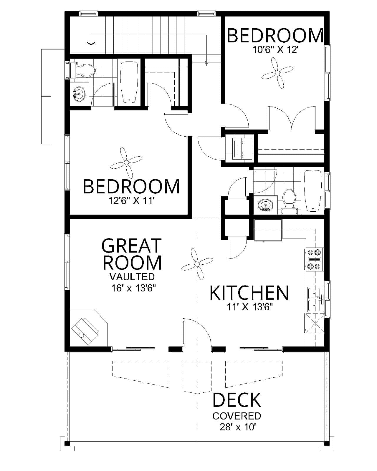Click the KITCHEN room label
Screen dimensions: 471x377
coord(249,293)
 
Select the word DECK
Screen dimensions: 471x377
coord(237,400)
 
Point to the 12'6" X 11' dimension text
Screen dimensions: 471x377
coord(131,201)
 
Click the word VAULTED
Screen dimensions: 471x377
coord(132,277)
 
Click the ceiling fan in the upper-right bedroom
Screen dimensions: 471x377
coord(277,72)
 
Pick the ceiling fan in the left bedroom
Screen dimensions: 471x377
coord(126,162)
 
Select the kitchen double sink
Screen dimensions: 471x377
coord(315,300)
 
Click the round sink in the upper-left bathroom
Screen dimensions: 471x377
coord(79,94)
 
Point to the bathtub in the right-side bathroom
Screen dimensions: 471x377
coord(312,190)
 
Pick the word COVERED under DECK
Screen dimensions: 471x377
coord(237,416)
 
